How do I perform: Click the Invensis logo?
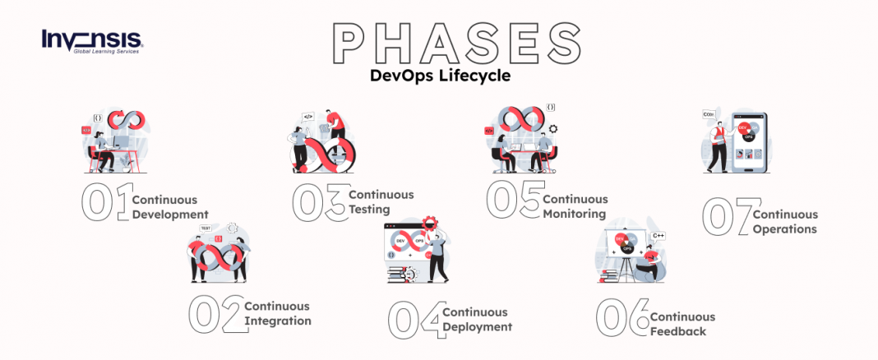pos(92,41)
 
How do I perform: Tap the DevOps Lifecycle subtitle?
pos(440,76)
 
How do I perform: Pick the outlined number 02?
pos(216,314)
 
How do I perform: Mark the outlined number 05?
pos(514,200)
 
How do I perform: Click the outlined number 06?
pos(622,317)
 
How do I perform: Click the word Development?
pos(170,215)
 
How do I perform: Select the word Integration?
pos(278,321)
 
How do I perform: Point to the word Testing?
pos(369,210)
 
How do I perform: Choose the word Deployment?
pos(477,327)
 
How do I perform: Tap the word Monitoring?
pos(575,214)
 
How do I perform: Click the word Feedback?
pos(678,332)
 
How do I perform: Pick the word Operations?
pos(785,229)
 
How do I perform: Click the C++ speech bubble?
pos(658,237)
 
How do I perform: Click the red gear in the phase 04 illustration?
pos(430,222)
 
